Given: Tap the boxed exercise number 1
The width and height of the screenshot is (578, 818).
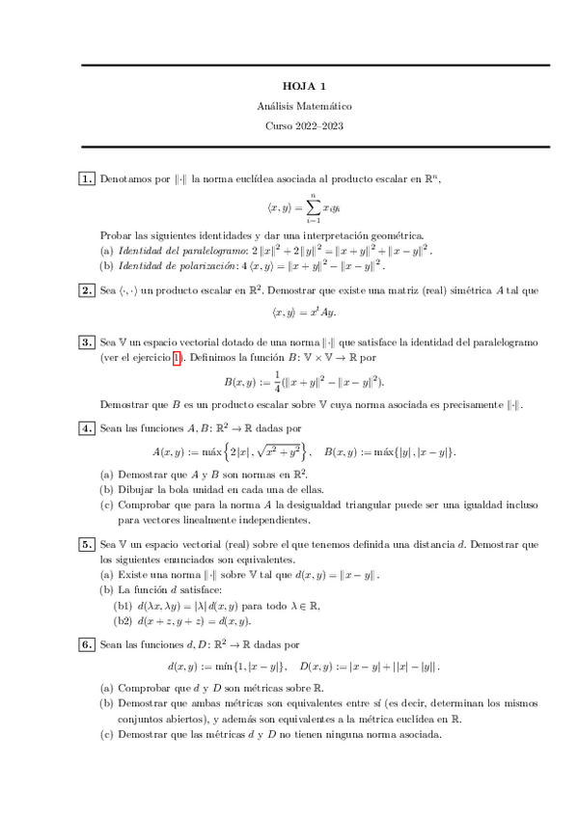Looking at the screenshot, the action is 86,178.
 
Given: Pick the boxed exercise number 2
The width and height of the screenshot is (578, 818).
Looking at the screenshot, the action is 86,289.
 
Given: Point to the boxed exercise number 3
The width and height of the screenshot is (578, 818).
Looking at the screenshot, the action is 86,342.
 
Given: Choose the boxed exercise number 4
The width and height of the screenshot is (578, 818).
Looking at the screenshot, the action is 86,427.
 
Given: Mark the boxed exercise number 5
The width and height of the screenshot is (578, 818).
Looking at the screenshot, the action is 86,545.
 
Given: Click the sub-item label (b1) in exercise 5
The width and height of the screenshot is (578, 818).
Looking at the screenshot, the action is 124,604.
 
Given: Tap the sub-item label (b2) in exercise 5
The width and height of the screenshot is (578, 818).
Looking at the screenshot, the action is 124,618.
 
